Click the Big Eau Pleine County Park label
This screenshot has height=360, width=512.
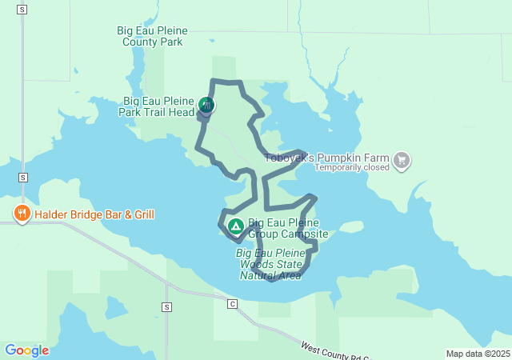(152, 36)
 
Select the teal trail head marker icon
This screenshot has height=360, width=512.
(206, 105)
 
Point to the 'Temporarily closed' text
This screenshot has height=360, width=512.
(351, 168)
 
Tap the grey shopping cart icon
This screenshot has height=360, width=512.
(402, 161)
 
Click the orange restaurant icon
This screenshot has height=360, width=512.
(22, 214)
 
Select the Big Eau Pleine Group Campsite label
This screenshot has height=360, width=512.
(288, 228)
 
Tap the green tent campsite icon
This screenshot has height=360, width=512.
(236, 226)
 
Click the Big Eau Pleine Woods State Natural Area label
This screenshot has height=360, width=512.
(270, 264)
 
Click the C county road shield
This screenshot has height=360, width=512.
(233, 304)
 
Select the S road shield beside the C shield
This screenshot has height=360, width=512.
(166, 307)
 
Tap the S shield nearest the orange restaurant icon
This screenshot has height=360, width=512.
(22, 178)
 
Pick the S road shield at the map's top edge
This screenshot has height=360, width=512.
(22, 10)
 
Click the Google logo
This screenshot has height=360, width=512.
(26, 350)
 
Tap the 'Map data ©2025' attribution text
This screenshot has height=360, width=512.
(478, 354)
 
